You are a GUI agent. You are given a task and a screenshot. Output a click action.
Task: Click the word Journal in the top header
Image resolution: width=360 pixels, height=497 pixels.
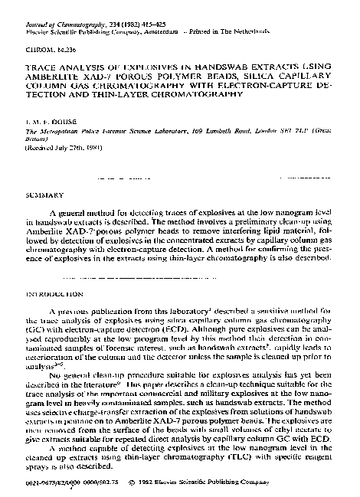tap(37, 7)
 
